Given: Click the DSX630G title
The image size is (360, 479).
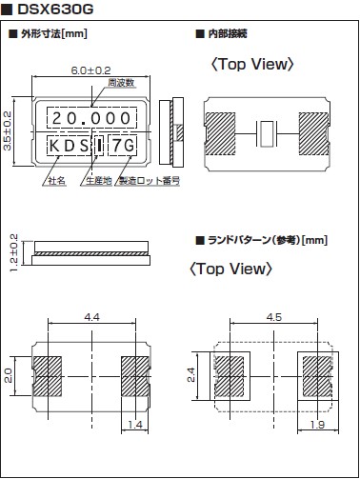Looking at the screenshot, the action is (x=55, y=10).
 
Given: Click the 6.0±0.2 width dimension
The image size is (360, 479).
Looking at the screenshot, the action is (x=90, y=70).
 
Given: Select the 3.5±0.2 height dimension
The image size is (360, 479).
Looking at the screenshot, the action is (x=7, y=130).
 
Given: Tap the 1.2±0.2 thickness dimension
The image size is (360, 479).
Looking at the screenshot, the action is (x=14, y=252).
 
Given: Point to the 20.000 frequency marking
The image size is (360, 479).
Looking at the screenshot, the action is (x=91, y=118).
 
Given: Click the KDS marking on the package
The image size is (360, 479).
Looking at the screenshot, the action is (x=70, y=146).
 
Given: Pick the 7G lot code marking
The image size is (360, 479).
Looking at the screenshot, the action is (x=123, y=146).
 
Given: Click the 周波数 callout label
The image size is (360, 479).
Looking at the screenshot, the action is (x=121, y=83).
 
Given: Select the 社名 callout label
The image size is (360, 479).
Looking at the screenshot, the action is (x=57, y=181).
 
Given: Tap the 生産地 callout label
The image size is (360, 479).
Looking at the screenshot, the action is (x=99, y=181).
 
